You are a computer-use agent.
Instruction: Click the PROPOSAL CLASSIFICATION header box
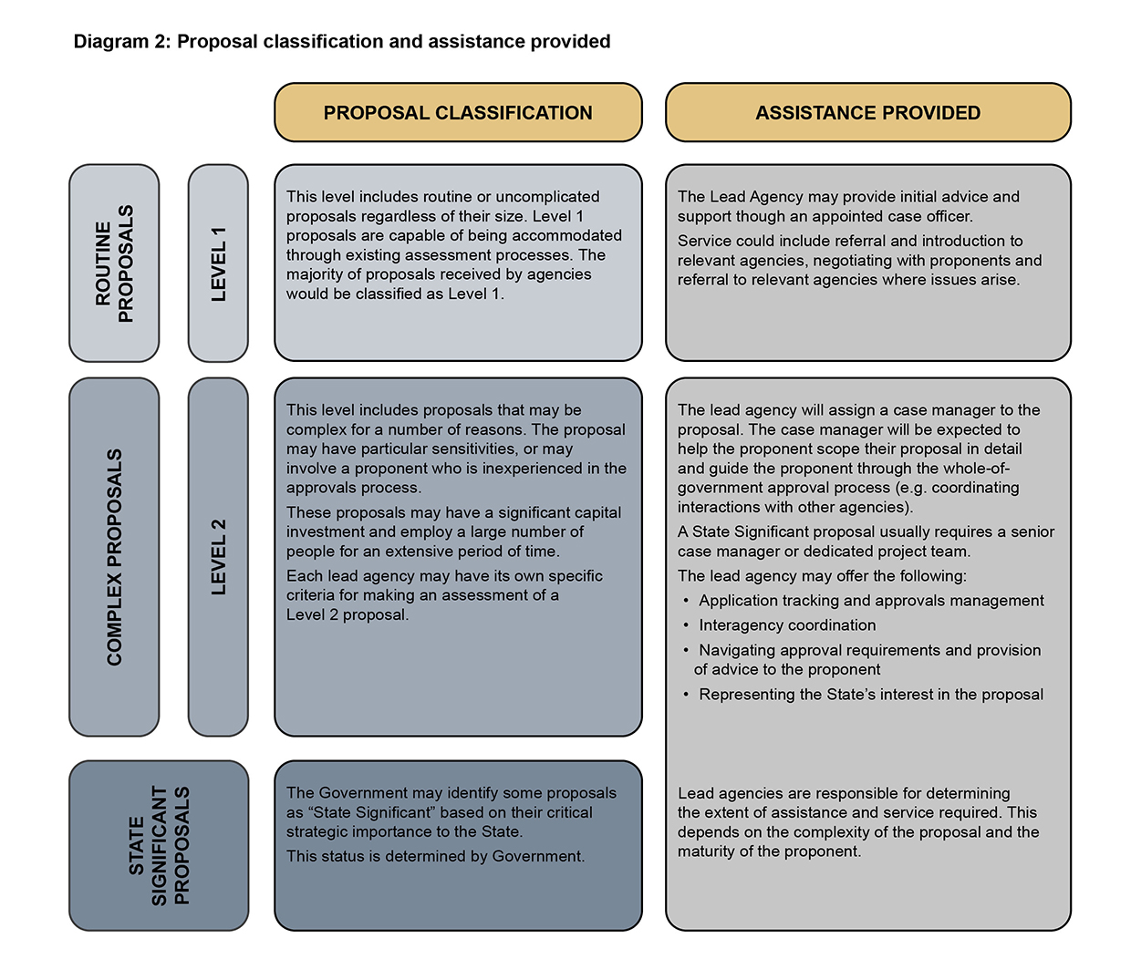[x=458, y=113]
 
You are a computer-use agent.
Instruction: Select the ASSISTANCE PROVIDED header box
[x=867, y=113]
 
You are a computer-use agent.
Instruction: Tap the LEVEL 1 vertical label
[x=218, y=263]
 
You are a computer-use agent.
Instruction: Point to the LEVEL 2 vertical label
[x=218, y=557]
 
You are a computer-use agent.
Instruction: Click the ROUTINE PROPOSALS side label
[x=114, y=263]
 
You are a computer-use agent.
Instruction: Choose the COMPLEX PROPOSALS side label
[x=114, y=557]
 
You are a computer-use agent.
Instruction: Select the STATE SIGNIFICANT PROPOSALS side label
[x=159, y=845]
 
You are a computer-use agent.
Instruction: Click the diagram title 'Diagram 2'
[x=341, y=42]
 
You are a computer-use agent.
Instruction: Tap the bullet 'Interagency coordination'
[x=787, y=625]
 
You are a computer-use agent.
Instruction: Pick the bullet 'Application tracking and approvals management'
[x=871, y=601]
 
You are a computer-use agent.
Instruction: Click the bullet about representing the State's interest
[x=871, y=695]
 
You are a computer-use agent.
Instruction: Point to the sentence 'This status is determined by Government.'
[x=435, y=856]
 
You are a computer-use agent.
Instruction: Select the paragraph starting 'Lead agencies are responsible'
[x=857, y=822]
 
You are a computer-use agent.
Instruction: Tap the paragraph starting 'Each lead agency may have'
[x=444, y=595]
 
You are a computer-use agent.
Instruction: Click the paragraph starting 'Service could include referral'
[x=859, y=260]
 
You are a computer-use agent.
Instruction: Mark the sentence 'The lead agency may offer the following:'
[x=822, y=576]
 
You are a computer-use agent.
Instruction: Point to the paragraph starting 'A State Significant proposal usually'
[x=866, y=542]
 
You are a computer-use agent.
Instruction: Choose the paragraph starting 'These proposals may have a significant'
[x=453, y=531]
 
